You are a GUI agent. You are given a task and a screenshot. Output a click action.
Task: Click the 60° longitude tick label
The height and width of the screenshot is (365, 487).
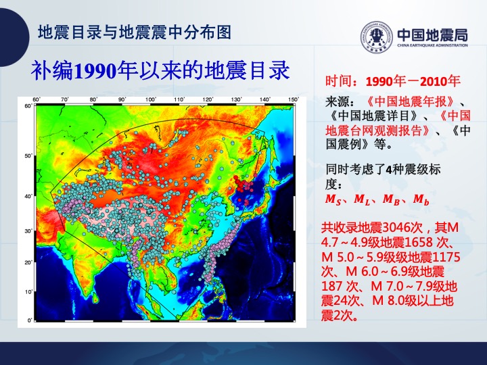coord(37,99)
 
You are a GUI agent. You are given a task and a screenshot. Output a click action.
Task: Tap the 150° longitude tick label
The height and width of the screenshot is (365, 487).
coord(294,99)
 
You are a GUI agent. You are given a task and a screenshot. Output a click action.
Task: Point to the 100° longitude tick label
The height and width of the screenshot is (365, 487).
coord(151,99)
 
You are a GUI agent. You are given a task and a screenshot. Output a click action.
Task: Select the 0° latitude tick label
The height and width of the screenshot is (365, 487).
coord(30,320)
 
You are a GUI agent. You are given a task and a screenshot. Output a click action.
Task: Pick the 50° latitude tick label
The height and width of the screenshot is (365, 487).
coord(28,155)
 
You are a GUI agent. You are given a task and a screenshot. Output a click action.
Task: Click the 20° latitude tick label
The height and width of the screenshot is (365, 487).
coord(28,262)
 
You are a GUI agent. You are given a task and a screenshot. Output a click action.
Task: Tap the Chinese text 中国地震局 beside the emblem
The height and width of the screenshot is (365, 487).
coord(432,34)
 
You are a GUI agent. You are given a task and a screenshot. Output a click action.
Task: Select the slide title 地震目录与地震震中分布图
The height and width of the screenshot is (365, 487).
coord(134,32)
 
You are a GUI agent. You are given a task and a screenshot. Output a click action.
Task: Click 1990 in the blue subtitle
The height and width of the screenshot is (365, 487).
coord(95,72)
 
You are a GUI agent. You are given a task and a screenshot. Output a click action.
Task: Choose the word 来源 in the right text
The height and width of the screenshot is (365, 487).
coord(338,101)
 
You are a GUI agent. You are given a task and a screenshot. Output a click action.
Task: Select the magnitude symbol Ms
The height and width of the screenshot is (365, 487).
coord(333,199)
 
